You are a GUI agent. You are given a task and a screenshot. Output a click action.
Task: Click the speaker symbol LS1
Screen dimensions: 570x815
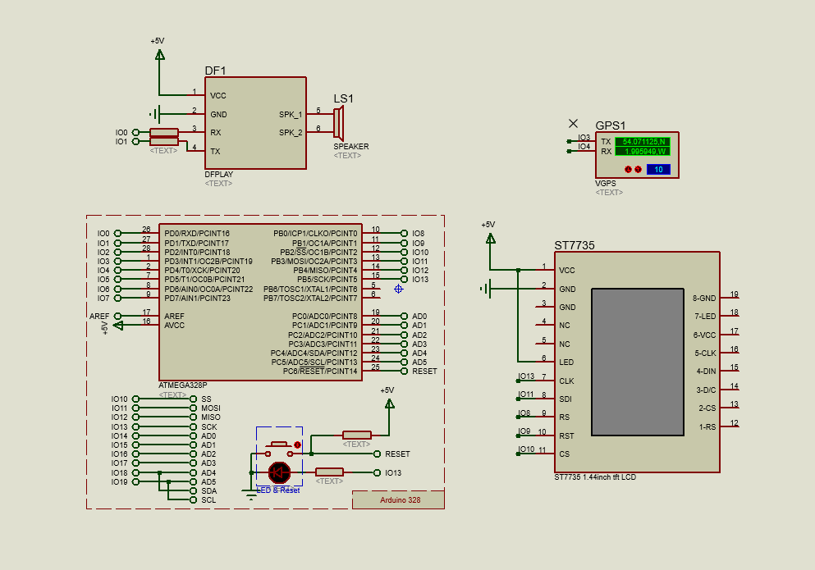pyautogui.click(x=339, y=123)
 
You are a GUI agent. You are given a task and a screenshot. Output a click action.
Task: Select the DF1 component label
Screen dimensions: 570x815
pyautogui.click(x=215, y=71)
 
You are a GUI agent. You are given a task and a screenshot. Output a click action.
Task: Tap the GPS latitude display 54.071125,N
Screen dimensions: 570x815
pyautogui.click(x=643, y=142)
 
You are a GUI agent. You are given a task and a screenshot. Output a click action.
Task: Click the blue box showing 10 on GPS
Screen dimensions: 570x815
pyautogui.click(x=658, y=170)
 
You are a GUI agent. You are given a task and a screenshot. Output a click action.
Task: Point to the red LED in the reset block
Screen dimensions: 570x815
pyautogui.click(x=280, y=472)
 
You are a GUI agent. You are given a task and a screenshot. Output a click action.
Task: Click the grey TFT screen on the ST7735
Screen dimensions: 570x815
pyautogui.click(x=637, y=362)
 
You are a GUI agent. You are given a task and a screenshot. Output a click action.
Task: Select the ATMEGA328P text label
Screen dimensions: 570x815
pyautogui.click(x=182, y=385)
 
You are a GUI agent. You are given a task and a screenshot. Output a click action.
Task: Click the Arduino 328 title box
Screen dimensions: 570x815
pyautogui.click(x=399, y=499)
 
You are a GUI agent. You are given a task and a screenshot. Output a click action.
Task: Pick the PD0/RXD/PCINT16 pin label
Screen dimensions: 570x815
pyautogui.click(x=197, y=234)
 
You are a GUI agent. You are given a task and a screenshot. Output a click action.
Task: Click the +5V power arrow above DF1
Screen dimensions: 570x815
pyautogui.click(x=159, y=55)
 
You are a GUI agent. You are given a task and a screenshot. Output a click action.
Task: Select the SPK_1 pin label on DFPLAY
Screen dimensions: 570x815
pyautogui.click(x=290, y=115)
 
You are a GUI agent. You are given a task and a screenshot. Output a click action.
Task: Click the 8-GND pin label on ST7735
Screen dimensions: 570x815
pyautogui.click(x=704, y=298)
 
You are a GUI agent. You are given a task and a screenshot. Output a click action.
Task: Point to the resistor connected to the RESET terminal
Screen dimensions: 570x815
pyautogui.click(x=356, y=435)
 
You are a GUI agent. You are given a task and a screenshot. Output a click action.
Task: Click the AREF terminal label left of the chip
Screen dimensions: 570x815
pyautogui.click(x=98, y=316)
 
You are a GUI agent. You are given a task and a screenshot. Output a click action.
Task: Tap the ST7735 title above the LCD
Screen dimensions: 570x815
pyautogui.click(x=574, y=245)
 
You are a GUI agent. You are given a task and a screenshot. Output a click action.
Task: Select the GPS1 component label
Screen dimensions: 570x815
pyautogui.click(x=610, y=125)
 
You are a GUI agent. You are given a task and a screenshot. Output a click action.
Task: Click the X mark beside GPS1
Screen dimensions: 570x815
pyautogui.click(x=573, y=124)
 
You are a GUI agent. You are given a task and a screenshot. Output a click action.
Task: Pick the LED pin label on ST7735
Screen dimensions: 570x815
pyautogui.click(x=566, y=363)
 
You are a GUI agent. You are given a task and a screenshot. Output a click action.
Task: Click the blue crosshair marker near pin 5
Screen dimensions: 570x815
pyautogui.click(x=399, y=289)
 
